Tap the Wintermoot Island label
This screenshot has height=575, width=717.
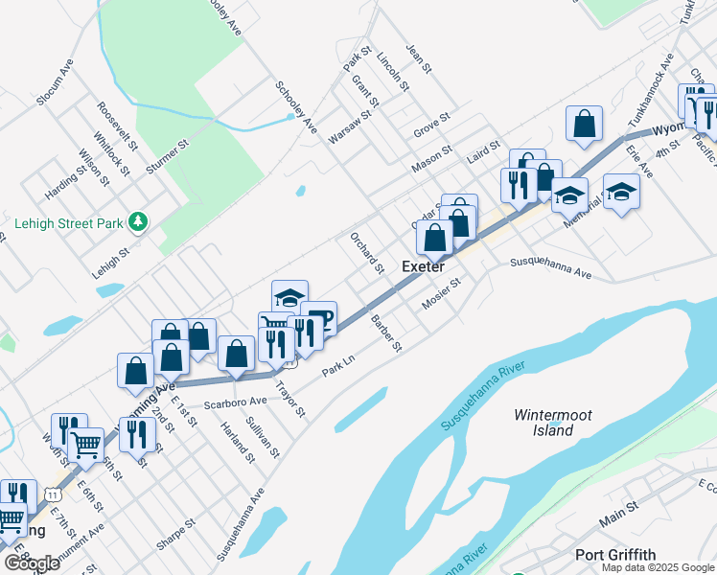coord(553,423)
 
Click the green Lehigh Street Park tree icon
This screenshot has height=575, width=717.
coord(140,222)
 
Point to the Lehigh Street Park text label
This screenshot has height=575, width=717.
coord(70,223)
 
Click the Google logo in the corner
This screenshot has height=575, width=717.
coord(32,563)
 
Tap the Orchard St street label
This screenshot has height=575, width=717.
coord(366,252)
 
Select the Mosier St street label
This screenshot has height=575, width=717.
coord(442,294)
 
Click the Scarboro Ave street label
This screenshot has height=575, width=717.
coord(234,401)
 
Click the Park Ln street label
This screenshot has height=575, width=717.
coord(338,366)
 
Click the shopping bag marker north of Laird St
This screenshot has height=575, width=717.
coord(584,125)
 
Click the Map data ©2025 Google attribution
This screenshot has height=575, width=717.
coord(658,566)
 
